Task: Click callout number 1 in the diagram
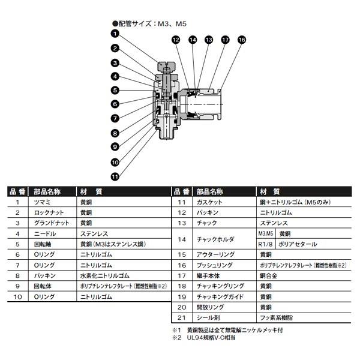pyautogui.click(x=114, y=34)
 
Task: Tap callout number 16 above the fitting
pyautogui.click(x=241, y=40)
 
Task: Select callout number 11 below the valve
pyautogui.click(x=114, y=176)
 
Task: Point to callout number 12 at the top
pyautogui.click(x=176, y=40)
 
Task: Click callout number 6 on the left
pyautogui.click(x=114, y=104)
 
